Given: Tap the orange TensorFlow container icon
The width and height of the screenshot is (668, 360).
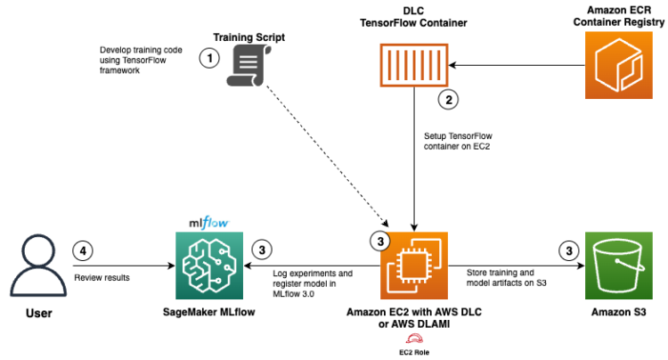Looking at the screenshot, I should point(412,66).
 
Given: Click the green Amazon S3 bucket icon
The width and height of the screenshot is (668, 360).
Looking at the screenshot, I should point(615,266).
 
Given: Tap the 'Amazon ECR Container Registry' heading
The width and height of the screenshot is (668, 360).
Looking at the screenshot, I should point(615,18).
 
